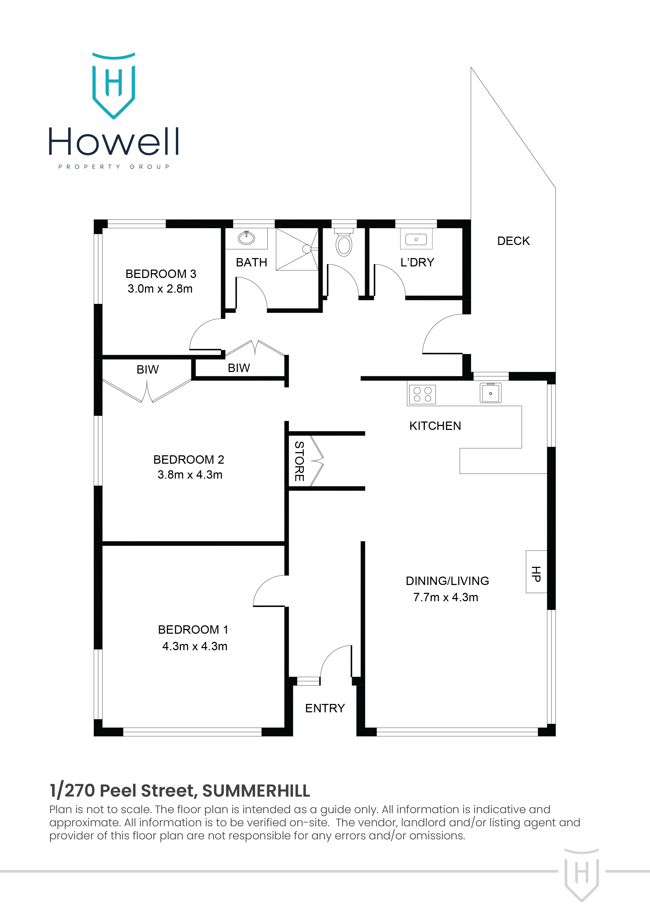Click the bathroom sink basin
coord(246,238)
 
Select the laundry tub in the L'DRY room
coord(416,239)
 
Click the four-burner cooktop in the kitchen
coord(422,394)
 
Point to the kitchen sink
coord(491,393)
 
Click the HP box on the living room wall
coord(536,572)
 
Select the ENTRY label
coord(325,708)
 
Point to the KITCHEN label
coord(435,426)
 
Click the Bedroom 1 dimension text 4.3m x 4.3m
coord(195,647)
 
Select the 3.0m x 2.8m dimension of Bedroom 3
coord(160,289)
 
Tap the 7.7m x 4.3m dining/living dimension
coord(446,597)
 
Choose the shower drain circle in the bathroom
coord(306,249)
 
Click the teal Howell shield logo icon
coord(114,86)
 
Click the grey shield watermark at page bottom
coord(582,874)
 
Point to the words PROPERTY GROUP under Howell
coord(114,167)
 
